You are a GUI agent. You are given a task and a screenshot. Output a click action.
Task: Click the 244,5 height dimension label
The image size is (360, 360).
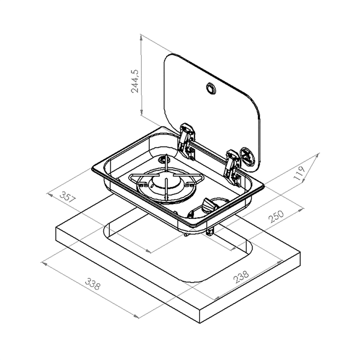tap(135, 81)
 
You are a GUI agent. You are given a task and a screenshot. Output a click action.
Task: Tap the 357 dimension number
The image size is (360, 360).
tap(67, 197)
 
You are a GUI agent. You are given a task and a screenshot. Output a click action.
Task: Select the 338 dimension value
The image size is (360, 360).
tap(93, 284)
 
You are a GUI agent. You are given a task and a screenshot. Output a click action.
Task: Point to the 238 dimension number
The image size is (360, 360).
tap(241, 277)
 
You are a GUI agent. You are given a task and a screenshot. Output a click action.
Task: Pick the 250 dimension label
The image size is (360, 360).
tap(276, 217)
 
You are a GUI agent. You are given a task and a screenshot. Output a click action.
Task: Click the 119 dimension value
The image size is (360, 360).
tap(300, 173)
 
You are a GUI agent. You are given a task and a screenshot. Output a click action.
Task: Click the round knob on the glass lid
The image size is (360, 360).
tap(211, 88)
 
